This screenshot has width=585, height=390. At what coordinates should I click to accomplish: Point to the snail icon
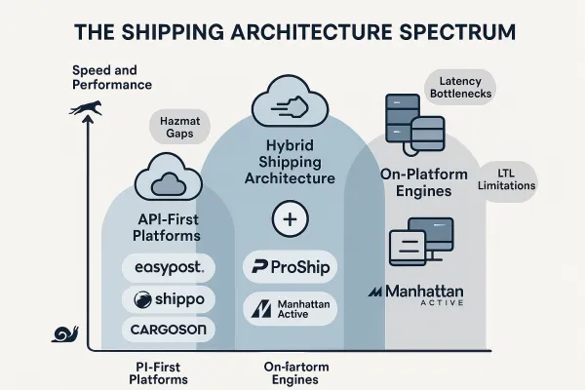point(66,335)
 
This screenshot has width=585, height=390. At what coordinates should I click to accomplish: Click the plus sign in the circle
point(287,220)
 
